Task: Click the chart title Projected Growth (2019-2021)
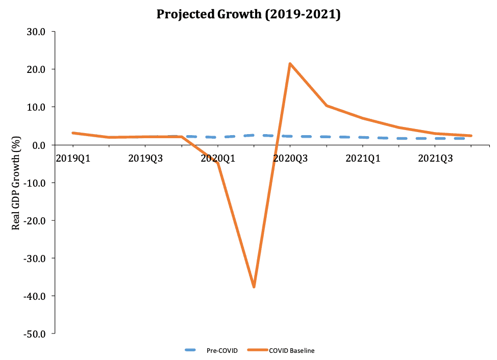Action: pyautogui.click(x=248, y=14)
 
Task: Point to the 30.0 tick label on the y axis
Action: pyautogui.click(x=35, y=32)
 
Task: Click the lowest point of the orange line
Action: pyautogui.click(x=254, y=287)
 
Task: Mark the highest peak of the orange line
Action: pyautogui.click(x=290, y=64)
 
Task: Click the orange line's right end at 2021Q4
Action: pyautogui.click(x=471, y=136)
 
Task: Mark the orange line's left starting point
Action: pyautogui.click(x=73, y=133)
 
